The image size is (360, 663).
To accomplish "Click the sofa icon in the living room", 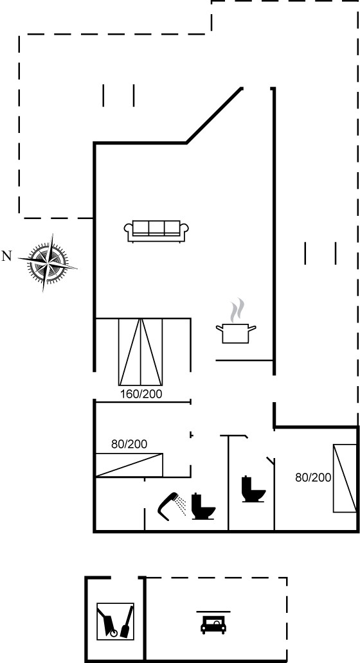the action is pyautogui.click(x=156, y=231).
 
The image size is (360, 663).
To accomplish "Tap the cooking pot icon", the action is pyautogui.click(x=236, y=333).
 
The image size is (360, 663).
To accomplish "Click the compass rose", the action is pyautogui.click(x=48, y=263).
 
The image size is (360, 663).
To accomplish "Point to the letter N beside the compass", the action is pyautogui.click(x=6, y=256).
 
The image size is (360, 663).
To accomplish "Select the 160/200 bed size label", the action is pyautogui.click(x=141, y=394).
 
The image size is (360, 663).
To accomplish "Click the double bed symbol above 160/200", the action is pyautogui.click(x=140, y=352).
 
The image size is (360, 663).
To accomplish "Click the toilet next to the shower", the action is pyautogui.click(x=203, y=506).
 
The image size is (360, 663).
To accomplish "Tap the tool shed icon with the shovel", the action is pyautogui.click(x=116, y=621).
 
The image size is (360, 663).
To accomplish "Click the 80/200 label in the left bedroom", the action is pyautogui.click(x=129, y=444).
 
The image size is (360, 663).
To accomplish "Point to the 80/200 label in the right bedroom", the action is pyautogui.click(x=313, y=477).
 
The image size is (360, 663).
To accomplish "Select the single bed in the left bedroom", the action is pyautogui.click(x=129, y=465).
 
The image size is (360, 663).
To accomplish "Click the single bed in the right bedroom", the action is pyautogui.click(x=345, y=478).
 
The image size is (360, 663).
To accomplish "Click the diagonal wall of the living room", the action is pyautogui.click(x=214, y=116).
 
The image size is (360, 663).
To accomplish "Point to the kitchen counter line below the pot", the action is pyautogui.click(x=244, y=360).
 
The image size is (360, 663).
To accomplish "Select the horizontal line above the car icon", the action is pyautogui.click(x=213, y=612).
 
